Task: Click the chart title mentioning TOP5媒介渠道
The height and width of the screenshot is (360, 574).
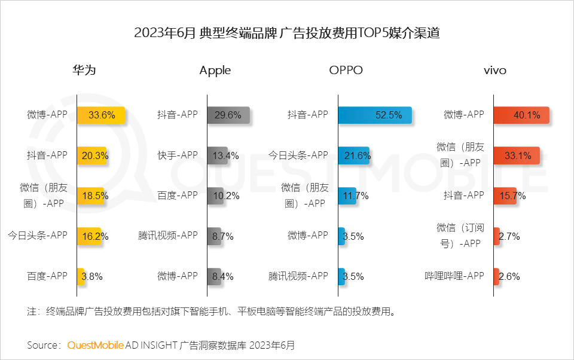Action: (287, 33)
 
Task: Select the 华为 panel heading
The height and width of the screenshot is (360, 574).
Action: (84, 70)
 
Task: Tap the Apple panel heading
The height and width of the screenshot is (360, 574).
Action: (215, 70)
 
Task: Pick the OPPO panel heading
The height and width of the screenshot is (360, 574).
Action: (346, 70)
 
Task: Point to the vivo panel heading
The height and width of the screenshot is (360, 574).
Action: (494, 70)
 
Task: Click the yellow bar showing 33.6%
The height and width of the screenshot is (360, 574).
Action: (100, 115)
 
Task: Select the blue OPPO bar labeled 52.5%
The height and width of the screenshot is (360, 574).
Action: (374, 115)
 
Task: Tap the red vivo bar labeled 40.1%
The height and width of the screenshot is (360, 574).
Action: (521, 115)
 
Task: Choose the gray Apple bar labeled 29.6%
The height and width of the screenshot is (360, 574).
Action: (228, 115)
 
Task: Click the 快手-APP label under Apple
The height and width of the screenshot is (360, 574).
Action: (177, 155)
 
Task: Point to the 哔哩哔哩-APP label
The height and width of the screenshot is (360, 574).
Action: (454, 276)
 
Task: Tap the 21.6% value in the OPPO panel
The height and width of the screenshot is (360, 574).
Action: (357, 155)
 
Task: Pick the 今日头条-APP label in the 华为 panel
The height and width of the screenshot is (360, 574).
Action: (38, 235)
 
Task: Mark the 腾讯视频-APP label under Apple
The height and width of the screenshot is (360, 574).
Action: (167, 235)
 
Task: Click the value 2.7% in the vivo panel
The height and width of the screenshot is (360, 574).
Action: (509, 236)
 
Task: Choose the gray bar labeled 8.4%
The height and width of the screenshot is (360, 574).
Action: (215, 276)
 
